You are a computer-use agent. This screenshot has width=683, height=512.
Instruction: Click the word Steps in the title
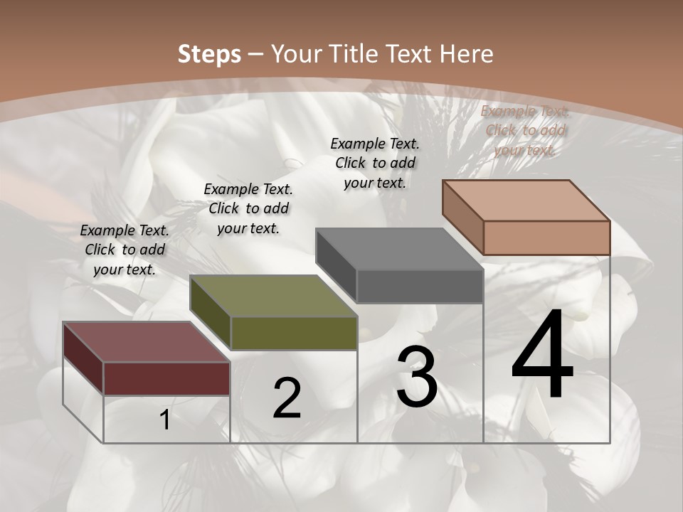pos(209,54)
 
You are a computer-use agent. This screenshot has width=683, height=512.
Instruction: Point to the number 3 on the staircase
pos(417,376)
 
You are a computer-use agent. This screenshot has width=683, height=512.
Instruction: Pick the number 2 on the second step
pos(287,399)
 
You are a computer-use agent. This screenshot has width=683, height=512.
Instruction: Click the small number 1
pos(165,420)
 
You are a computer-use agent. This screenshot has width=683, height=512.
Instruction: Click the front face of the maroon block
pos(166,378)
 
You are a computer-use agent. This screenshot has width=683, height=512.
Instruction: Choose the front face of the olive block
pos(294,333)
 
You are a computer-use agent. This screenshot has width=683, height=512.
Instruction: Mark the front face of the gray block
pos(420,287)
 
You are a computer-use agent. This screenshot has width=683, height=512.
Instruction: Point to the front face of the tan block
pos(546,238)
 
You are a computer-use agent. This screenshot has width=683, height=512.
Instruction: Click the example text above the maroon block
pos(125,250)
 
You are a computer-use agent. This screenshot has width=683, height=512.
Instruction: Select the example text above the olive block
pos(248,208)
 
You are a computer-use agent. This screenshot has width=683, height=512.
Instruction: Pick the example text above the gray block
pos(375,163)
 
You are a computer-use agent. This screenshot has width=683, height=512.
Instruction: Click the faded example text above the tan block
pos(525,130)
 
